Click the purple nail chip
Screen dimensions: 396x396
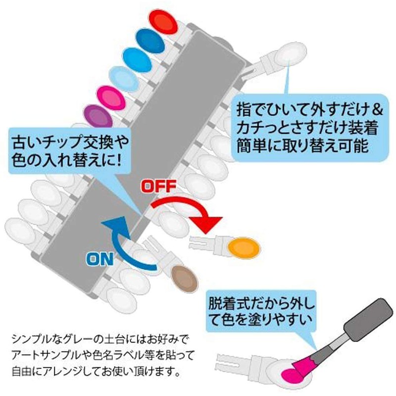[97, 117]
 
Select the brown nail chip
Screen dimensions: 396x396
[184, 276]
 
